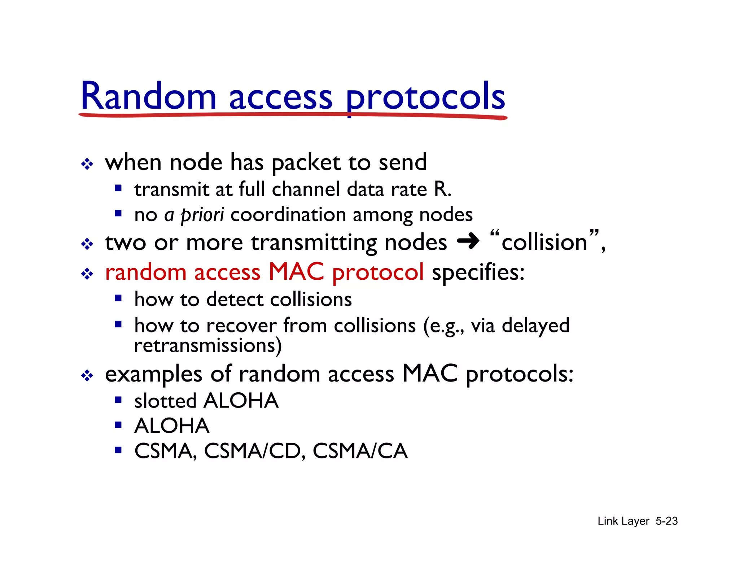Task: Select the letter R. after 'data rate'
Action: coord(442,189)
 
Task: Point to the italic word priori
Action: coord(202,215)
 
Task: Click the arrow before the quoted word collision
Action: coord(468,241)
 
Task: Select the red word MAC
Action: coord(296,271)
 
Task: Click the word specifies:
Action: coord(478,272)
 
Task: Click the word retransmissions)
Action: coord(208,345)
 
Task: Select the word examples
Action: coord(153,374)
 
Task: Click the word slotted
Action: coord(165,401)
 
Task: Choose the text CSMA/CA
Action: coord(360,451)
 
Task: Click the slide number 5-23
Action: coord(666,521)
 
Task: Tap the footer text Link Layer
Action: coord(623,521)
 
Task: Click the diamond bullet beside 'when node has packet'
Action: coord(87,164)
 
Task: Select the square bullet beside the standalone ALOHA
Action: coord(118,425)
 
